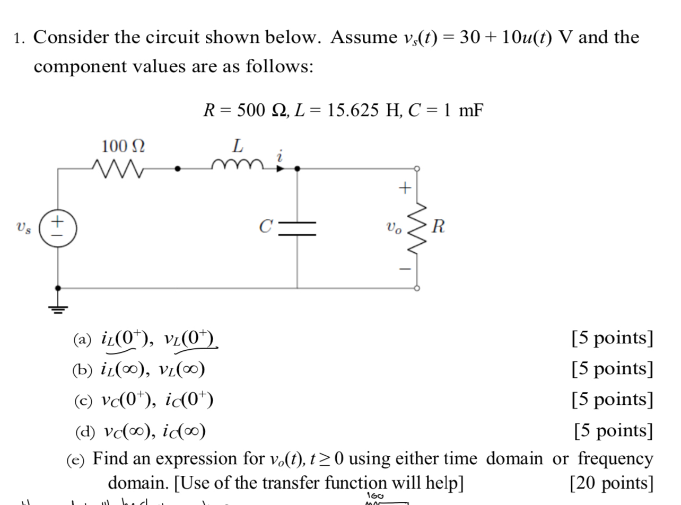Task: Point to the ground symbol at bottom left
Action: tap(58, 307)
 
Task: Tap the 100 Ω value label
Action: tap(123, 146)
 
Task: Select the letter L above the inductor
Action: tap(238, 145)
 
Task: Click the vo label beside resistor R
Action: tap(395, 228)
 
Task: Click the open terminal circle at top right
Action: tap(417, 169)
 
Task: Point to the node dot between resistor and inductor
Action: tap(178, 169)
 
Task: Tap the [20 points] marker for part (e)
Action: tap(611, 483)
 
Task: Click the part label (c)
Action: tap(82, 400)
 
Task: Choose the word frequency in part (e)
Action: tap(615, 458)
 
